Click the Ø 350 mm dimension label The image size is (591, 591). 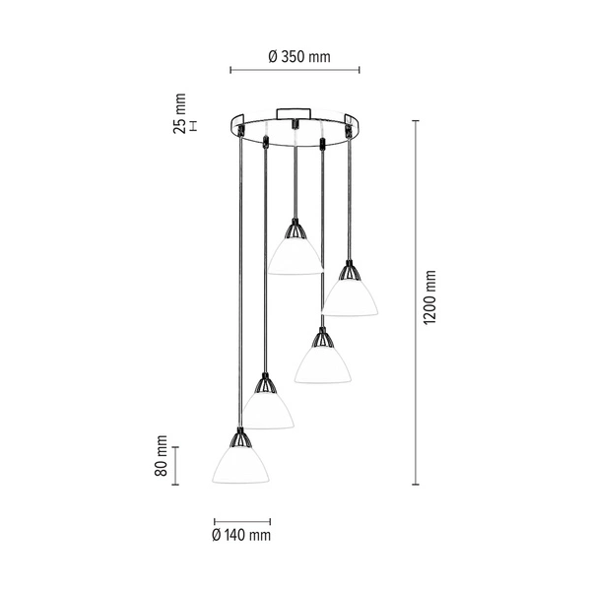297,56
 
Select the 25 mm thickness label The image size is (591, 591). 179,114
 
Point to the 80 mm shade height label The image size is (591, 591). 161,458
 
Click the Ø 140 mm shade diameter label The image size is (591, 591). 240,536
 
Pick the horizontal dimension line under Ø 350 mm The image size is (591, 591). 295,71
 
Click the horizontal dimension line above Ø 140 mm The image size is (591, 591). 241,521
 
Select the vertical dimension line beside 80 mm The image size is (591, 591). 176,465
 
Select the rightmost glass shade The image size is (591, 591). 350,296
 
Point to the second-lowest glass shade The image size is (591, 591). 267,410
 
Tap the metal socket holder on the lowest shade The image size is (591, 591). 239,437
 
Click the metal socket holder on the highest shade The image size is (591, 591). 295,230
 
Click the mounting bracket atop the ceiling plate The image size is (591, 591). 294,110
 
